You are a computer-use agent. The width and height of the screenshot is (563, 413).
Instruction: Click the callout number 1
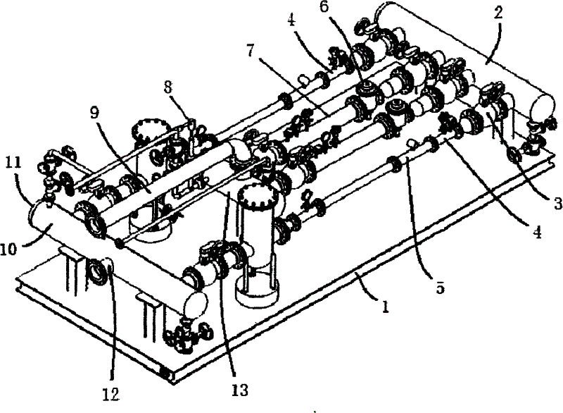385,307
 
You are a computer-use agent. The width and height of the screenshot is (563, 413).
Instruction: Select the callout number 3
557,204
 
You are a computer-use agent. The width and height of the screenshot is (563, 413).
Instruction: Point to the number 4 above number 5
536,233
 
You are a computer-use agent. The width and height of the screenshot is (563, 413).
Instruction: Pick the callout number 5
441,287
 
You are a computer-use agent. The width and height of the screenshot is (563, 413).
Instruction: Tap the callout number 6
324,7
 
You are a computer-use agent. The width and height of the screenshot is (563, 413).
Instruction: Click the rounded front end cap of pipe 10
196,303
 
